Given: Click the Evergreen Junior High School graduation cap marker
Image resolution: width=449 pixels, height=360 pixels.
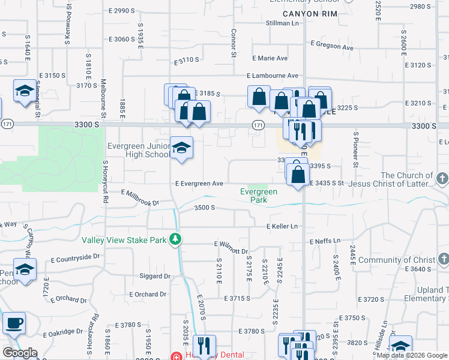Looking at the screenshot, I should pos(181,148).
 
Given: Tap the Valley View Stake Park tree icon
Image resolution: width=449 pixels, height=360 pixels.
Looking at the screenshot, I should pos(175,240).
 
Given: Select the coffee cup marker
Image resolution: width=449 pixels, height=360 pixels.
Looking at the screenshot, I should pos(14,323).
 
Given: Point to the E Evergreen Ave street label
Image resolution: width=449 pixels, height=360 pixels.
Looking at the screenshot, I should pos(199,184).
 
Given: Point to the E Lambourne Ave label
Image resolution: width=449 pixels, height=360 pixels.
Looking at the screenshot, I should pos(273,76).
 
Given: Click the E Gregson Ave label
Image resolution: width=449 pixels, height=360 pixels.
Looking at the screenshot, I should pos(332,46).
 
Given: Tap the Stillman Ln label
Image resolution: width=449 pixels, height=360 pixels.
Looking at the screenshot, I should pos(282,23).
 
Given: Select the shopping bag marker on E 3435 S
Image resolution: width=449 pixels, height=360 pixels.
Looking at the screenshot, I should pos(298,175).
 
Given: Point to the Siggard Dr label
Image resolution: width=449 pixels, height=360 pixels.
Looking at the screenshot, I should pos(154,277).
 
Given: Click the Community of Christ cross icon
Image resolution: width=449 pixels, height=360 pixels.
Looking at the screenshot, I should pos(442,259).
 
